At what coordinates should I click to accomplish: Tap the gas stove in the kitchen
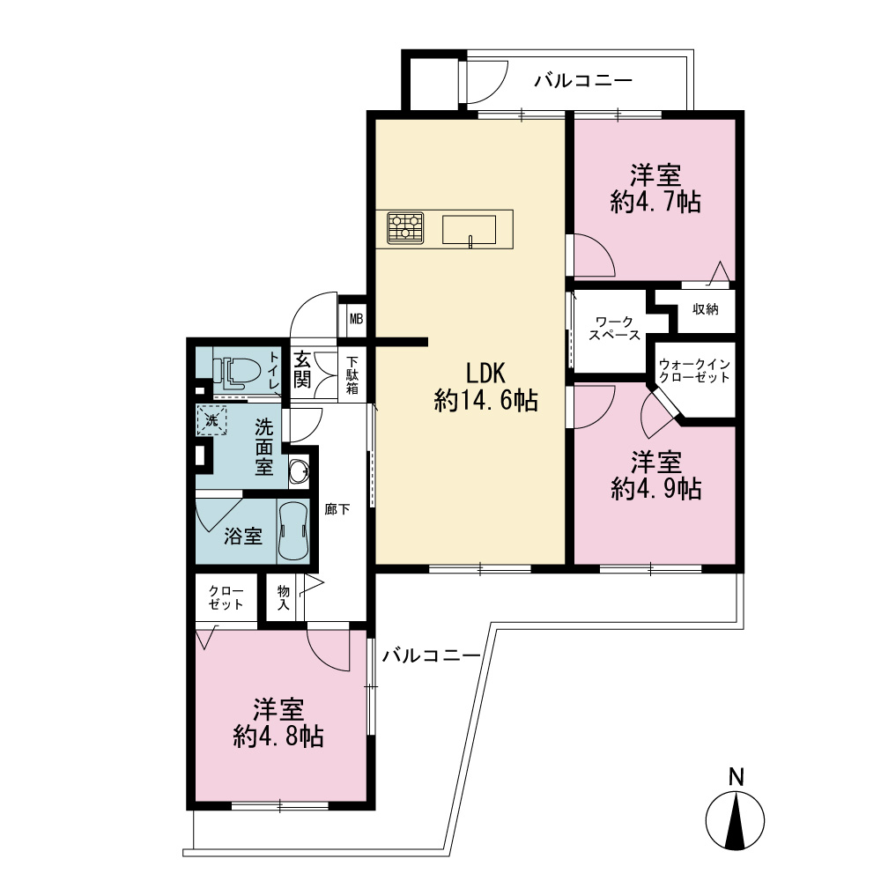pyautogui.click(x=405, y=228)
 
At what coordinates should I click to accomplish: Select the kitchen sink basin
pyautogui.click(x=470, y=230)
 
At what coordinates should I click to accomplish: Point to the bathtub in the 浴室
pyautogui.click(x=292, y=531)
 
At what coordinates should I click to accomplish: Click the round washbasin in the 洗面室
pyautogui.click(x=299, y=470)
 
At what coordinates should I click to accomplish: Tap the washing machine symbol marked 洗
pyautogui.click(x=211, y=420)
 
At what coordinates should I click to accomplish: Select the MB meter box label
pyautogui.click(x=356, y=319)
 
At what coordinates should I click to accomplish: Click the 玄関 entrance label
pyautogui.click(x=302, y=369)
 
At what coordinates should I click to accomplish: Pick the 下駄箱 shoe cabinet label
pyautogui.click(x=352, y=374)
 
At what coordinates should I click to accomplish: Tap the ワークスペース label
pyautogui.click(x=614, y=328)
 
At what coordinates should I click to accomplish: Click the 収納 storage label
pyautogui.click(x=705, y=308)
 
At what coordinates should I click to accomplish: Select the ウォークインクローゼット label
pyautogui.click(x=694, y=371)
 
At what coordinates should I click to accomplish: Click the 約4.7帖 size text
pyautogui.click(x=655, y=202)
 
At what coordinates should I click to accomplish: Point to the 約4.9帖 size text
pyautogui.click(x=656, y=489)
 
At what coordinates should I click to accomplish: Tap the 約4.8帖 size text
pyautogui.click(x=278, y=736)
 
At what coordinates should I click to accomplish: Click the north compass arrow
pyautogui.click(x=735, y=819)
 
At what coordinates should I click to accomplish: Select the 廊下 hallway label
pyautogui.click(x=337, y=509)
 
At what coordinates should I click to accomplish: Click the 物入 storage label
pyautogui.click(x=283, y=597)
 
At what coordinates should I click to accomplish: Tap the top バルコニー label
pyautogui.click(x=583, y=80)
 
